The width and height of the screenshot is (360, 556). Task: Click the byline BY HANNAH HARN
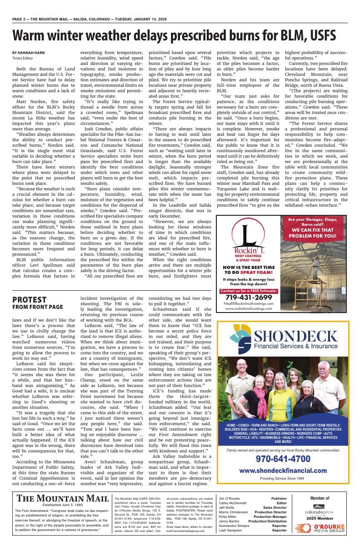pos(29,53)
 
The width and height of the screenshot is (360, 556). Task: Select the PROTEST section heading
pos(29,300)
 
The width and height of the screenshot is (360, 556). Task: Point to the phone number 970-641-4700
pos(283,459)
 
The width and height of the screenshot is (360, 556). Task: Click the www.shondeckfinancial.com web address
pos(283,471)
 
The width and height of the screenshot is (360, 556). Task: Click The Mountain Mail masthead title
pos(63,498)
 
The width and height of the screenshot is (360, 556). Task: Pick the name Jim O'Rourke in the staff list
pos(230,498)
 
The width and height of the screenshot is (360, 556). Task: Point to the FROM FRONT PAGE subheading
pos(38,308)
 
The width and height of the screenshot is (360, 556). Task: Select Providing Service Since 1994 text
pos(283,479)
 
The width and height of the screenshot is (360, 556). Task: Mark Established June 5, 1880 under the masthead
pos(63,505)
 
